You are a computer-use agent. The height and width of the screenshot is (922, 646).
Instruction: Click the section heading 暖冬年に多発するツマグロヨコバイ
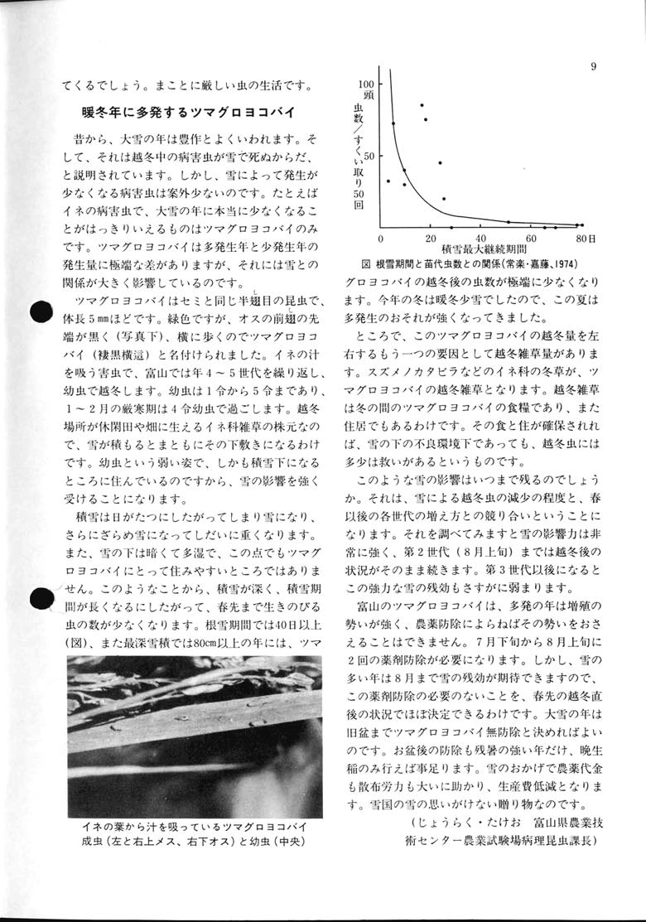pyautogui.click(x=184, y=112)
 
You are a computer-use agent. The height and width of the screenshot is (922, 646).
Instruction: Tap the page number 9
pyautogui.click(x=594, y=67)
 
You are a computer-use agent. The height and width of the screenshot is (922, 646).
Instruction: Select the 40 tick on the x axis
pyautogui.click(x=480, y=239)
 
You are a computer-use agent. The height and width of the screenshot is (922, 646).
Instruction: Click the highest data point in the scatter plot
pyautogui.click(x=422, y=105)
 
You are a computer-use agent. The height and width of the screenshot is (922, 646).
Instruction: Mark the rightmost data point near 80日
pyautogui.click(x=582, y=225)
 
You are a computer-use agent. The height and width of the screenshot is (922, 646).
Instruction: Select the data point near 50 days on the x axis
pyautogui.click(x=508, y=222)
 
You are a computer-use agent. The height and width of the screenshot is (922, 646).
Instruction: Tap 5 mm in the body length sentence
pyautogui.click(x=103, y=318)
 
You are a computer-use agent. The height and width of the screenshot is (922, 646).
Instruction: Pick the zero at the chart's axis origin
pyautogui.click(x=380, y=239)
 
